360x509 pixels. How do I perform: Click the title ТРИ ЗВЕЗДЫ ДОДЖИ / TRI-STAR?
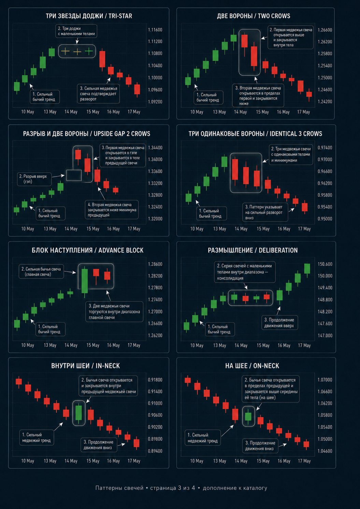[x=89, y=16]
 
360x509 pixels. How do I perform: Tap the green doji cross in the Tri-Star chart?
[x=89, y=51]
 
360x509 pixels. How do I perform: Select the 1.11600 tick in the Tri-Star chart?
[x=155, y=30]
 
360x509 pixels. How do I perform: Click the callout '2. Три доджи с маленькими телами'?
[x=76, y=31]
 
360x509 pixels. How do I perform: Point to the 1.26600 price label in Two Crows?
[x=325, y=30]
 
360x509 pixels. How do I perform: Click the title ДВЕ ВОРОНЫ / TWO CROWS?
[x=254, y=16]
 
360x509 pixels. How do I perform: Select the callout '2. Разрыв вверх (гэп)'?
[x=34, y=179]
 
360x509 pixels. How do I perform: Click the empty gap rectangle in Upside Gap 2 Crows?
[x=74, y=175]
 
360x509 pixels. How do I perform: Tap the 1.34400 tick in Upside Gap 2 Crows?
[x=155, y=148]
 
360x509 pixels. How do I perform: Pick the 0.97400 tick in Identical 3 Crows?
[x=325, y=148]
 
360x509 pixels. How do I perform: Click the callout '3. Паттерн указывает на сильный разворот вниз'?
[x=265, y=212]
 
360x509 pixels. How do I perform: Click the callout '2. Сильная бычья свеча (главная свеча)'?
[x=41, y=272]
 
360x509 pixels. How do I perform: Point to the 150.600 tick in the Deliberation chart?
[x=325, y=264]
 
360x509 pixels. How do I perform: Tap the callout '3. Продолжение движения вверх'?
[x=279, y=323]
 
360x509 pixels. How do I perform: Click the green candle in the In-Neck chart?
[x=78, y=413]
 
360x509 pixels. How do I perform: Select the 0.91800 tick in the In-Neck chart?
[x=155, y=380]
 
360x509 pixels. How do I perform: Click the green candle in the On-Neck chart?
[x=248, y=416]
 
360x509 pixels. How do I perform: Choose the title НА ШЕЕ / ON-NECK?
[x=252, y=366]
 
